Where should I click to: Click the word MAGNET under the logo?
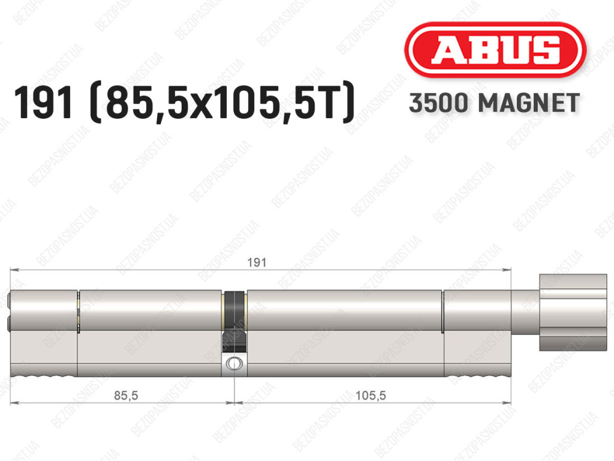click(x=529, y=103)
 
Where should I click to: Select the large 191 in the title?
click(x=43, y=102)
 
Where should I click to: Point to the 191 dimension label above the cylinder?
click(x=257, y=262)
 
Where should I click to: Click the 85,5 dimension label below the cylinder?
click(x=126, y=395)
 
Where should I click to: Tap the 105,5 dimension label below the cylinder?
click(x=371, y=395)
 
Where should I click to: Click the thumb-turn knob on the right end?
click(x=573, y=312)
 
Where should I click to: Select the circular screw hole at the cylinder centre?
click(x=234, y=363)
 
